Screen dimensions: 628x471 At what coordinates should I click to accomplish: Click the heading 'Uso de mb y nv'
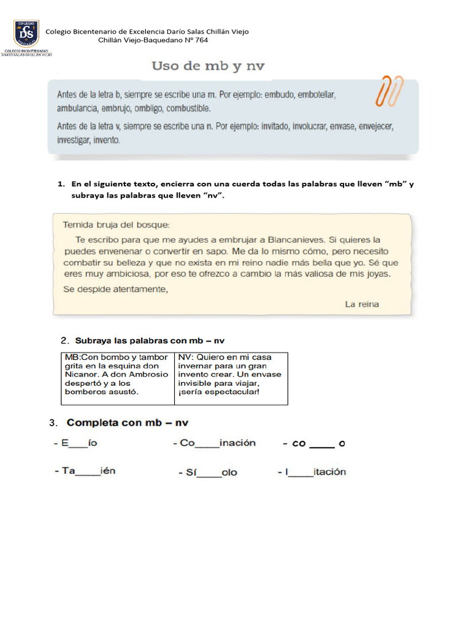(208, 66)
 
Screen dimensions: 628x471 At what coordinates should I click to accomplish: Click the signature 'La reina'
(362, 304)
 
